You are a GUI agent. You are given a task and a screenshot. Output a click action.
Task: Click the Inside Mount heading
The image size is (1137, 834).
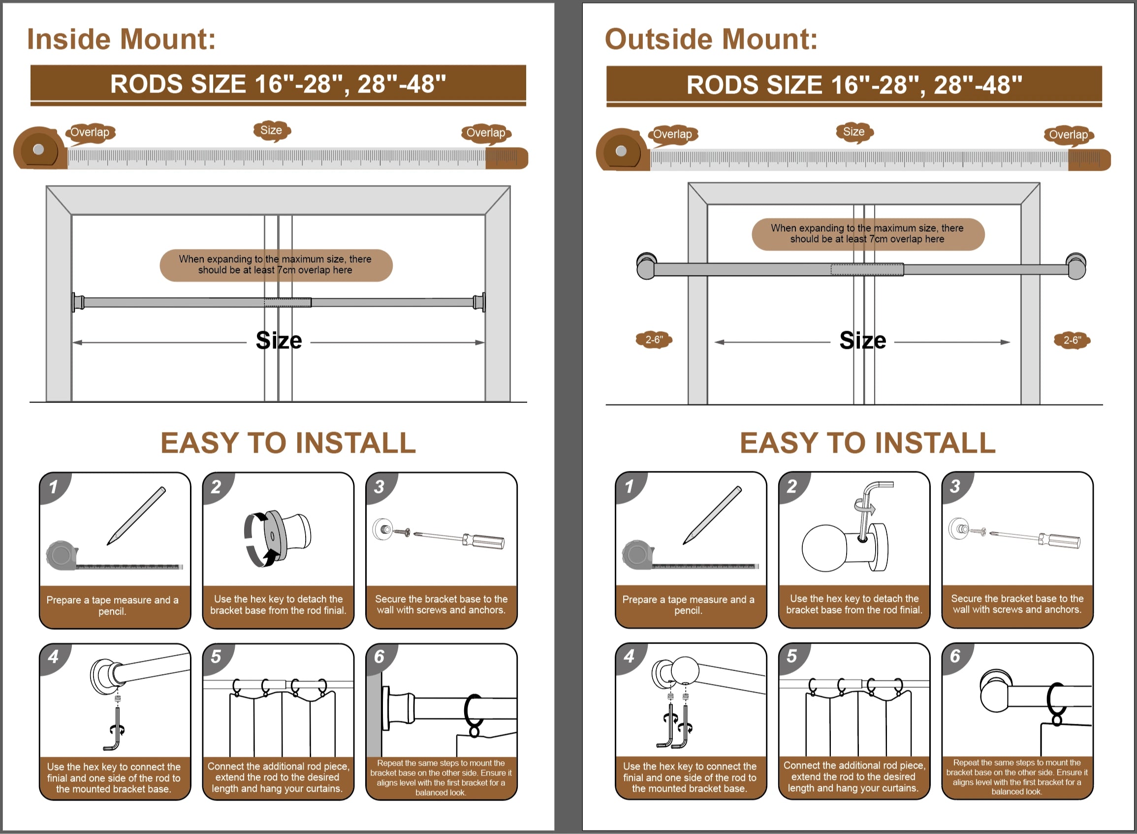(121, 39)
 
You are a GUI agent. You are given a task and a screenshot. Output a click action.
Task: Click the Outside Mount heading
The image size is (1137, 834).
(711, 39)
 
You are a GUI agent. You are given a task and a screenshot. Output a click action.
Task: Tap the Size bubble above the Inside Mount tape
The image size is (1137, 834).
(272, 131)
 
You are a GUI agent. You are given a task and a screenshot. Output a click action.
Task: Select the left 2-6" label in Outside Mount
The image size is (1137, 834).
(654, 340)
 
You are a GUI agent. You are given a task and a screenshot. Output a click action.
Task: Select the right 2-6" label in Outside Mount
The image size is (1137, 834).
(1072, 340)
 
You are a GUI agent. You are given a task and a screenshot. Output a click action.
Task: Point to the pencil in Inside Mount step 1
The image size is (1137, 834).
(136, 516)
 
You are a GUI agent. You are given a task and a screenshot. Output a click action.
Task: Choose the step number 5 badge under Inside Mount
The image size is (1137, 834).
(216, 656)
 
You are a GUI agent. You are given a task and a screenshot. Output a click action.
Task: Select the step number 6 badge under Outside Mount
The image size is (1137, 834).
(955, 656)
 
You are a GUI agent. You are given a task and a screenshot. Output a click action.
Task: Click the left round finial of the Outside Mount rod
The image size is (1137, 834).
(646, 266)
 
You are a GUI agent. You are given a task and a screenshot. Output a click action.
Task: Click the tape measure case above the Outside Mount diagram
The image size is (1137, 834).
(622, 151)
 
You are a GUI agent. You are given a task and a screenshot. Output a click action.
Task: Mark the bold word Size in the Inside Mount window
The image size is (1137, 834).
(279, 340)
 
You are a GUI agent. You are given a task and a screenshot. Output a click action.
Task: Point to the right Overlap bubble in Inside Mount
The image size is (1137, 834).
(486, 133)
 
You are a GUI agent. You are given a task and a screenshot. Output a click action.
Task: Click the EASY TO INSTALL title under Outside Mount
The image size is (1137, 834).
(867, 443)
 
